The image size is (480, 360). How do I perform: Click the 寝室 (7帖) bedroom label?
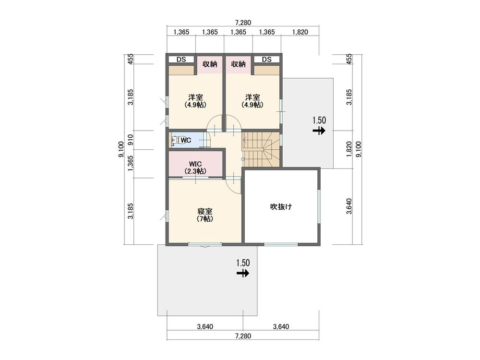[x=205, y=215]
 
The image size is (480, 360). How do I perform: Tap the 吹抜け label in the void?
[x=281, y=207]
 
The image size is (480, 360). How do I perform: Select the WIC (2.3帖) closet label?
[x=195, y=168]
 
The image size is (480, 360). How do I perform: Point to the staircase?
[x=261, y=149]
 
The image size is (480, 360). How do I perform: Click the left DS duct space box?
[x=181, y=60]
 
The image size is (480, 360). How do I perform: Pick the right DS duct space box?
[x=266, y=60]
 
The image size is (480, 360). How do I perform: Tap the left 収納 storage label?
[x=210, y=64]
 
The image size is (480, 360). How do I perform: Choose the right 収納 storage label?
[x=238, y=64]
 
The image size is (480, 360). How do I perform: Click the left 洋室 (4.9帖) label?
[x=195, y=101]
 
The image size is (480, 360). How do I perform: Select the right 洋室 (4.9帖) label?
[x=252, y=101]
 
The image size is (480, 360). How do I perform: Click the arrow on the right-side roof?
[x=319, y=131]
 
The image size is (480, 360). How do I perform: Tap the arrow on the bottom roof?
[x=243, y=273]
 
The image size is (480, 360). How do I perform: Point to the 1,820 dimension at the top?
[x=300, y=32]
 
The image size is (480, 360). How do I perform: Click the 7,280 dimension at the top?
[x=243, y=23]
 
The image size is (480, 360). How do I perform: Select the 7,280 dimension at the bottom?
[x=243, y=336]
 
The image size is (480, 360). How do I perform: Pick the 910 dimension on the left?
[x=131, y=140]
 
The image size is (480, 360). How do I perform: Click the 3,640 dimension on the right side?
[x=349, y=206]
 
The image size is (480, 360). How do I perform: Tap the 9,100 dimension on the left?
[x=121, y=149]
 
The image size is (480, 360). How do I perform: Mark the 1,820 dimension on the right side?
[x=349, y=149]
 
